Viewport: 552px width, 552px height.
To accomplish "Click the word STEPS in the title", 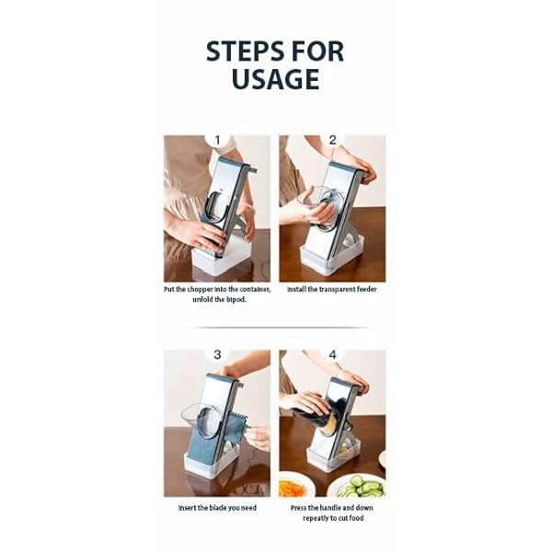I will point(242,52).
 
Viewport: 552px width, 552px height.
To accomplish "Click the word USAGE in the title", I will point(275,80).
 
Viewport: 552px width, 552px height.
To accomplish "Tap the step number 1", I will point(218,141).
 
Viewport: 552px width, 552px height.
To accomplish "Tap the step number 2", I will point(333,141).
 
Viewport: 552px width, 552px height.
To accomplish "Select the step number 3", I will point(217,354).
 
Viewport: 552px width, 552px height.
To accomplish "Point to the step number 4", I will point(333,355).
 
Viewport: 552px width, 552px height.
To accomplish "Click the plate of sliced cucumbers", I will point(357,485).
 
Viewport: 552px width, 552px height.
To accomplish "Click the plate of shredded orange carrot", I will point(293,486).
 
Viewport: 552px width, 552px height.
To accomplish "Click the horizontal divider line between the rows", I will point(275,327).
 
